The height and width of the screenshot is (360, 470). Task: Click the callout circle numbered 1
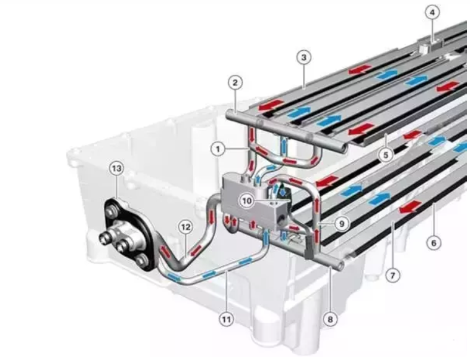(x=218, y=149)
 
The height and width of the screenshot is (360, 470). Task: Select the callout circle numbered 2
(x=235, y=82)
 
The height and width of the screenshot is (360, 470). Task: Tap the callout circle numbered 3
(x=303, y=57)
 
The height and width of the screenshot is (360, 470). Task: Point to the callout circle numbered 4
(x=432, y=12)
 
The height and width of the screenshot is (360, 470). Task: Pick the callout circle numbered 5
(x=386, y=155)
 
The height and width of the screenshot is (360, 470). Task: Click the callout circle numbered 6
(x=433, y=242)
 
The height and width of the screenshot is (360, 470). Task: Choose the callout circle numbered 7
(x=393, y=274)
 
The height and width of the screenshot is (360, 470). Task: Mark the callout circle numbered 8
(x=330, y=319)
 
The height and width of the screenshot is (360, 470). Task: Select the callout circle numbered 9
(x=341, y=223)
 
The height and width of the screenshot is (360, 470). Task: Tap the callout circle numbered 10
(x=246, y=201)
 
